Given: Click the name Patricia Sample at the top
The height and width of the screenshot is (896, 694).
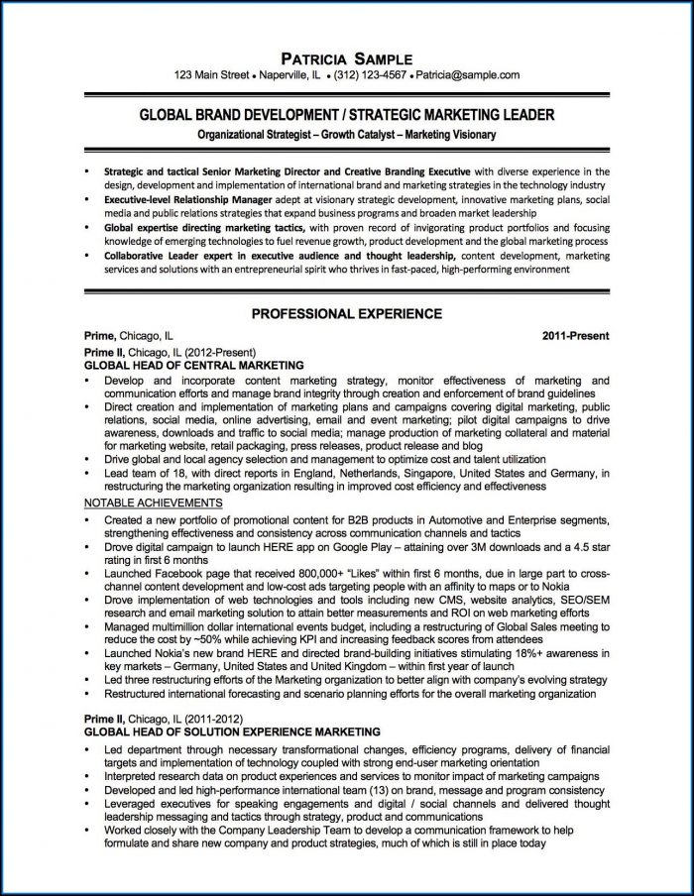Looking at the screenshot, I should (x=346, y=57).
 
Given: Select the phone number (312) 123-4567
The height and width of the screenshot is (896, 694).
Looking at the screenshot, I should (x=367, y=74).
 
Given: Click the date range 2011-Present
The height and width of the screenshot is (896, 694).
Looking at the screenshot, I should (x=576, y=337).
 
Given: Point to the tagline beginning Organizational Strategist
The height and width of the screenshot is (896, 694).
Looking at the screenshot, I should (x=346, y=134).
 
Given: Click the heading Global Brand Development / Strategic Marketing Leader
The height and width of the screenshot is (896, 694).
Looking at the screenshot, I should (x=346, y=115).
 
